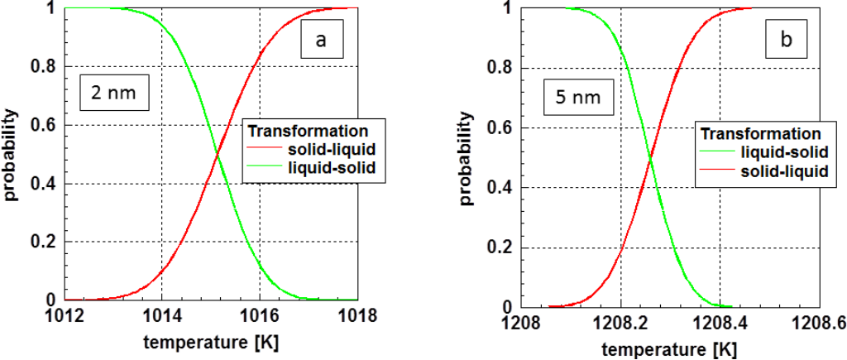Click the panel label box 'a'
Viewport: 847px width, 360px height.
tap(320, 38)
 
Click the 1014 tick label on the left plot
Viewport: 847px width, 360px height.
tap(161, 315)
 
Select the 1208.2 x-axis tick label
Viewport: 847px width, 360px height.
tap(620, 322)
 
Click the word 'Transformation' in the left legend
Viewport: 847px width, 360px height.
tap(308, 132)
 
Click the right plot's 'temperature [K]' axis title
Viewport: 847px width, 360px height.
tap(670, 345)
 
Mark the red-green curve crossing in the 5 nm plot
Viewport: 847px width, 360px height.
tap(649, 158)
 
